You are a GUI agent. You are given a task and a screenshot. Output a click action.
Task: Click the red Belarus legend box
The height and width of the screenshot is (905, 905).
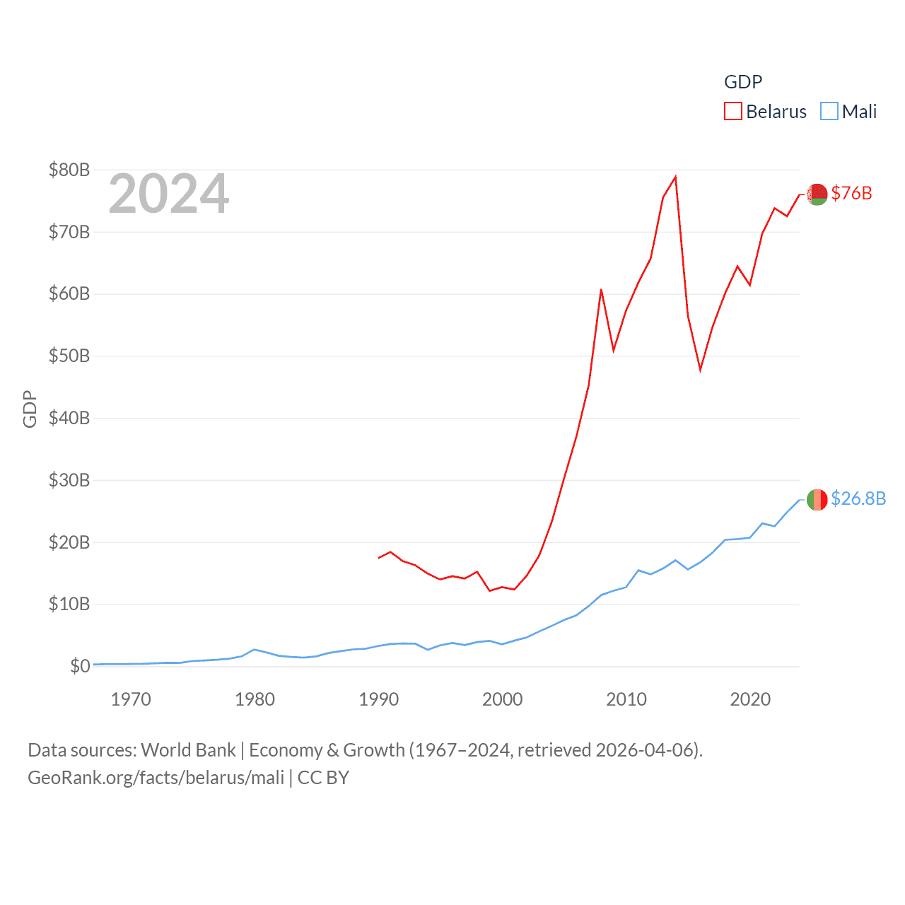point(733,112)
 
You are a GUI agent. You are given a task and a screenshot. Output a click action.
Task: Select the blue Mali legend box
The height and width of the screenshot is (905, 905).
point(829,112)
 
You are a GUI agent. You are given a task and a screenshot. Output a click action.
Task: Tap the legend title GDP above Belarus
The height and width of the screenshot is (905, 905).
point(742,82)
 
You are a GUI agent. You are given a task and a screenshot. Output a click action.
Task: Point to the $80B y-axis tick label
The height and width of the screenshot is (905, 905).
point(69,170)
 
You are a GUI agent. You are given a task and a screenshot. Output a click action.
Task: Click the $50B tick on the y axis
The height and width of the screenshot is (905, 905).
point(69,356)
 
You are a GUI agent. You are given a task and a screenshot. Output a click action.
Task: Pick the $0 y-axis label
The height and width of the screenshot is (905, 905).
point(80,666)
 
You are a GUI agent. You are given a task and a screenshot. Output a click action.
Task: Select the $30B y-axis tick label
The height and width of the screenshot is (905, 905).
point(69,480)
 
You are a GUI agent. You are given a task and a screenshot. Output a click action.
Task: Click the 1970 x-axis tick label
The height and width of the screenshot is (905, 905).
point(131,700)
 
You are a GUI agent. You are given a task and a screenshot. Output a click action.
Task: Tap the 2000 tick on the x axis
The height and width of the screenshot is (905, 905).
point(502,700)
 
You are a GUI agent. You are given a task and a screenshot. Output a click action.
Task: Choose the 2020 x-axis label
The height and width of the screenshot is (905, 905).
point(750,700)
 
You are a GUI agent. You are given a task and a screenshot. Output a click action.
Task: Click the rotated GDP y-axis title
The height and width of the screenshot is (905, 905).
point(30,409)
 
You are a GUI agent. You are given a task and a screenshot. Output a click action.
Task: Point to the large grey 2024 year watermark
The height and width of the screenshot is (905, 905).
point(168,194)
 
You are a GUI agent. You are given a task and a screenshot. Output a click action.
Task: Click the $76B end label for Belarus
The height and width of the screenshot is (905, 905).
point(851,193)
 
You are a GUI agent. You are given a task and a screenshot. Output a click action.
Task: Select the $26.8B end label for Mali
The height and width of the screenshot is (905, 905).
point(858,498)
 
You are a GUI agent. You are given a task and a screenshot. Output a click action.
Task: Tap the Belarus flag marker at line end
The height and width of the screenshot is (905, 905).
point(817,194)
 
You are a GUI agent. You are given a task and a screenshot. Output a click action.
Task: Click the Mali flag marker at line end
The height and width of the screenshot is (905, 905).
point(817,500)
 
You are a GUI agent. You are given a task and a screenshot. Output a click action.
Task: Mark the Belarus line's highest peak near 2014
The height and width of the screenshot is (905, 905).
point(676,177)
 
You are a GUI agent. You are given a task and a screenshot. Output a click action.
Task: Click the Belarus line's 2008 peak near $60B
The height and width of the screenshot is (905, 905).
point(601,290)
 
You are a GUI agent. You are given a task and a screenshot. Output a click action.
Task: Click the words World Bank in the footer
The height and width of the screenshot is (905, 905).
point(188,750)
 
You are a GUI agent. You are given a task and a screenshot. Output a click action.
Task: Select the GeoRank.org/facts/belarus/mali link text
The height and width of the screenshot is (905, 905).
point(156,778)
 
